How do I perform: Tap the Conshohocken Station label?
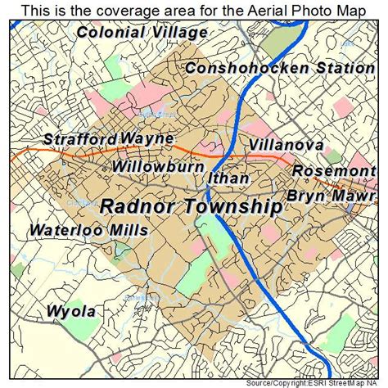[279, 69]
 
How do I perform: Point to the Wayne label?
[147, 138]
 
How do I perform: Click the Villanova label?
[286, 145]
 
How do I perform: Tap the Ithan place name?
[223, 178]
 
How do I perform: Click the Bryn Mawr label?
[330, 196]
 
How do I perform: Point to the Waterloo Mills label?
[89, 231]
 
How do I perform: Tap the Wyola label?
[70, 311]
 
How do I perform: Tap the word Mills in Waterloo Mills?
[126, 231]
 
